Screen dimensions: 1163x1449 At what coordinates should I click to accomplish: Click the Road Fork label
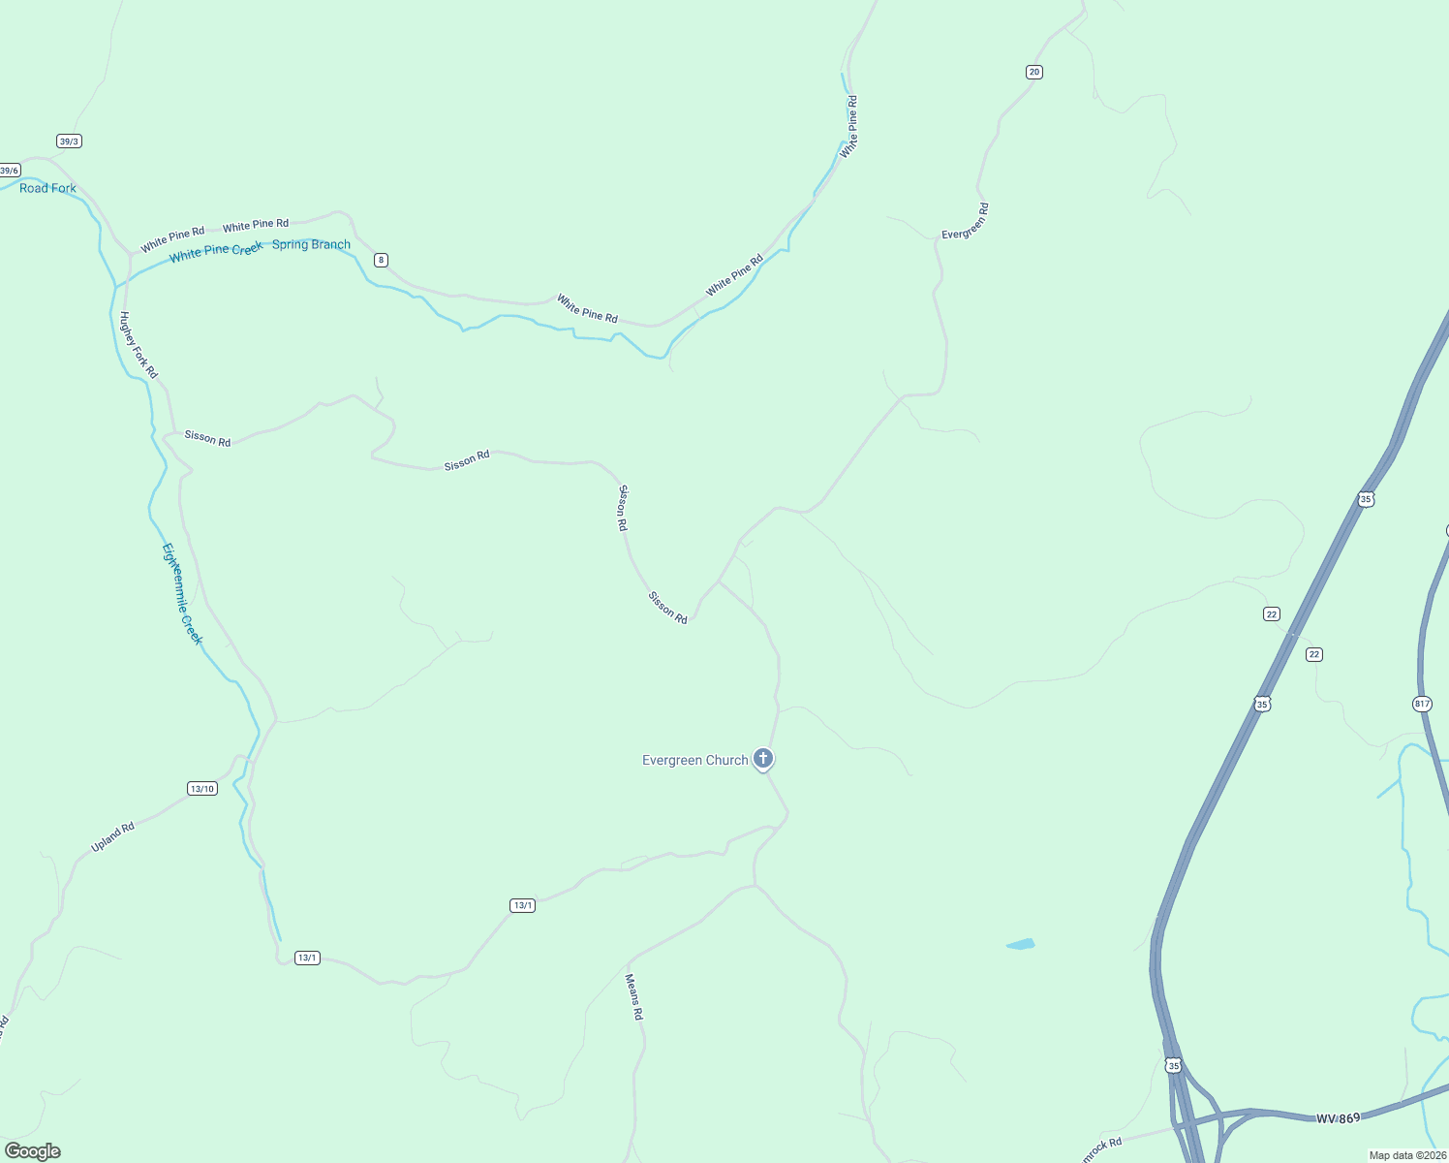click(x=47, y=188)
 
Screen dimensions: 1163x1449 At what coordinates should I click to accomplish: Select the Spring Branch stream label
click(x=311, y=244)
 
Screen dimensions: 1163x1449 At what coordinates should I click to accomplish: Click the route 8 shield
click(x=382, y=260)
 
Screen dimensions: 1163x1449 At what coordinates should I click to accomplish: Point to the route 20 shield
click(x=1034, y=72)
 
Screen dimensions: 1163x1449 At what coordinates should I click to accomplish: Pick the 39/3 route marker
click(x=69, y=141)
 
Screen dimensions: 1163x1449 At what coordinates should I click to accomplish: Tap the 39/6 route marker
click(x=10, y=171)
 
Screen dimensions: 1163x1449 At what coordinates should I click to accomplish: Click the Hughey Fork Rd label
click(x=138, y=344)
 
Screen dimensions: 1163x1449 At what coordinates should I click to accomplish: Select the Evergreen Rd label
click(x=966, y=221)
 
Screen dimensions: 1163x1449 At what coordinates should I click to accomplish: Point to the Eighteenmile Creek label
click(x=182, y=594)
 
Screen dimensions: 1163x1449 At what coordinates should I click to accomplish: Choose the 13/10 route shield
click(x=202, y=788)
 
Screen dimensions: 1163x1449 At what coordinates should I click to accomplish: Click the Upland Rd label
click(x=112, y=836)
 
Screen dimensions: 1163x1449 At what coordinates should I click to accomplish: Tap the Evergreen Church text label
click(x=694, y=760)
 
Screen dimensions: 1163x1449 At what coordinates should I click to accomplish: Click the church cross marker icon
click(x=763, y=758)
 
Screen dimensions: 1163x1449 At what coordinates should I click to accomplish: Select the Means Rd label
click(x=634, y=997)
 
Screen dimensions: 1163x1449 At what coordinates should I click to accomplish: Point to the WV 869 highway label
click(x=1338, y=1118)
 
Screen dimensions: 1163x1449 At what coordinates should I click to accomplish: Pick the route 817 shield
click(x=1422, y=704)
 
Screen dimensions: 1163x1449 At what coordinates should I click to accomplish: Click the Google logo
click(x=33, y=1150)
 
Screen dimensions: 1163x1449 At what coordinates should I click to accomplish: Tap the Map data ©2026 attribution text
click(x=1406, y=1155)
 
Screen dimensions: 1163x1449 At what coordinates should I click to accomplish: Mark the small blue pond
click(x=1021, y=944)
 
